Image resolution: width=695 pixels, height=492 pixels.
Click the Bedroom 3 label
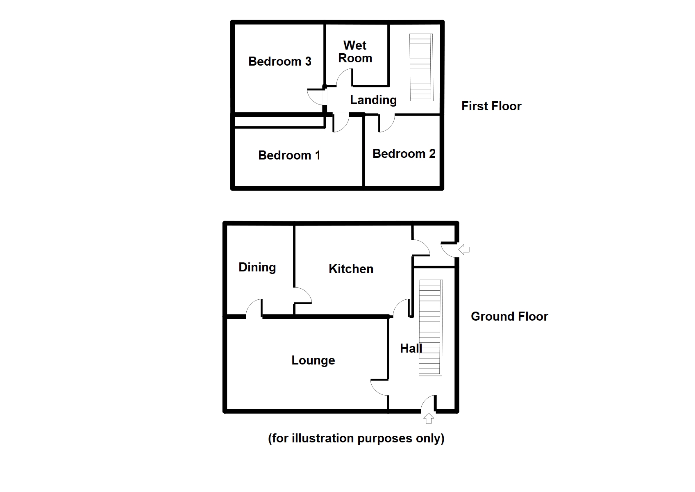pyautogui.click(x=279, y=61)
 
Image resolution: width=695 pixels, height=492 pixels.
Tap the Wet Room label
pyautogui.click(x=355, y=52)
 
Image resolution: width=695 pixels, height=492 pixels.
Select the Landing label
pyautogui.click(x=373, y=100)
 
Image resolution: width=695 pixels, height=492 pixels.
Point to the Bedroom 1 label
pyautogui.click(x=289, y=155)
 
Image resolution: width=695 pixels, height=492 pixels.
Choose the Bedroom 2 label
pyautogui.click(x=404, y=154)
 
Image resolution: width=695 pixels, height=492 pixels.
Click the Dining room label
pyautogui.click(x=257, y=268)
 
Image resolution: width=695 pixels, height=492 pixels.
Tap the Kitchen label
pyautogui.click(x=351, y=269)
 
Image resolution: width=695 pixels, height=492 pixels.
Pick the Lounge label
pyautogui.click(x=313, y=360)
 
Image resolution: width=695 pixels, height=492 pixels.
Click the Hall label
pyautogui.click(x=411, y=348)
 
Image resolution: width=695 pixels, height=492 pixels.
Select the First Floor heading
pyautogui.click(x=491, y=106)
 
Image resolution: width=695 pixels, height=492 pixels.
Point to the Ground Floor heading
pyautogui.click(x=509, y=316)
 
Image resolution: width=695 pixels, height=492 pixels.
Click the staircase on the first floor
pyautogui.click(x=421, y=67)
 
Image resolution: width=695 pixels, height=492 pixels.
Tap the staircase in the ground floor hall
pyautogui.click(x=431, y=328)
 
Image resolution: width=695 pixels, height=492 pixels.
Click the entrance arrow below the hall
pyautogui.click(x=429, y=419)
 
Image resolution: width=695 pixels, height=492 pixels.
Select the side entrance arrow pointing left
pyautogui.click(x=464, y=249)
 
